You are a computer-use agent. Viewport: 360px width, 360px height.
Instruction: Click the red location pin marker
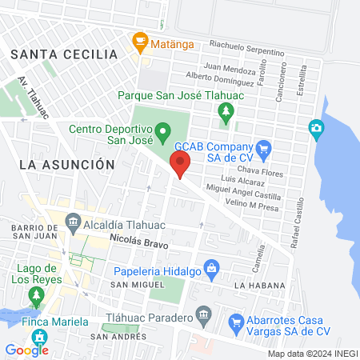tap(180, 166)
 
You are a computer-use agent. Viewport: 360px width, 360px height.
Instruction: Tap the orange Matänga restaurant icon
tap(140, 39)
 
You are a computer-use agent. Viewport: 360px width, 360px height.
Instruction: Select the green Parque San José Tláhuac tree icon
tap(227, 112)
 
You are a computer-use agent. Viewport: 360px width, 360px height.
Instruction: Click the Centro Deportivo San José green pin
tap(162, 130)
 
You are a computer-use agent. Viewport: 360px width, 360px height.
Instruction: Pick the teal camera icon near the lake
tap(317, 127)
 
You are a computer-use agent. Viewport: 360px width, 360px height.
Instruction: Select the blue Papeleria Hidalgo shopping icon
tap(211, 266)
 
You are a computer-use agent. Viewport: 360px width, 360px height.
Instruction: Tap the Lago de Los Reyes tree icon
tap(35, 295)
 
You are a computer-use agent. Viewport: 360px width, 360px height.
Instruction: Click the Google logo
tap(26, 350)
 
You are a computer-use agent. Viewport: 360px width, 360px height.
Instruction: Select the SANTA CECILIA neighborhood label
tap(64, 54)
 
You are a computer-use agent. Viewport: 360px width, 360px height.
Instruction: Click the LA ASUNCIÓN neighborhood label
tap(67, 164)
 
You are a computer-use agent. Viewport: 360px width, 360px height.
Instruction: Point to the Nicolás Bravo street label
tap(139, 239)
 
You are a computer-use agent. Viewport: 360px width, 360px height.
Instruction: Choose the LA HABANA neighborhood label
tap(261, 286)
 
